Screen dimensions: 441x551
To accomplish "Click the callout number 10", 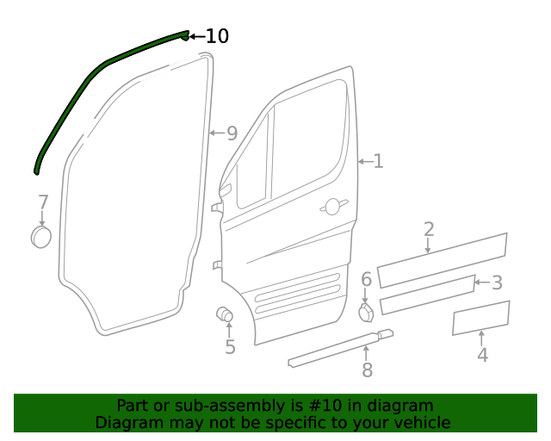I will tap(217, 36).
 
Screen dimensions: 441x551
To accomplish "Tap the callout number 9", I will tap(232, 134).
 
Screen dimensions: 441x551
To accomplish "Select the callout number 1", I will tap(378, 161).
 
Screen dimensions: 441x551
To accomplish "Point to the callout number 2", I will tap(429, 229).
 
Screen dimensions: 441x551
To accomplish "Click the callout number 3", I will tap(497, 283).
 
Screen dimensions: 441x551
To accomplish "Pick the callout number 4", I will tap(483, 355).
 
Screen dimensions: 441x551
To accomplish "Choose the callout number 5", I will tap(230, 347).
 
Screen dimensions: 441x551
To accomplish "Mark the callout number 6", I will tap(366, 279).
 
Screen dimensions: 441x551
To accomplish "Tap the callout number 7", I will tap(43, 202).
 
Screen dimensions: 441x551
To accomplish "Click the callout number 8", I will tap(367, 370).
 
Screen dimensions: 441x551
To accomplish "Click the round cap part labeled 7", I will tap(40, 237).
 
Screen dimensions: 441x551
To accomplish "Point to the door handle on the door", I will tap(331, 207).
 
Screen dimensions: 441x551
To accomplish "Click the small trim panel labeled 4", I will tap(481, 318).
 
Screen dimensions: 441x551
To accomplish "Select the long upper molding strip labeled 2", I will tap(442, 260).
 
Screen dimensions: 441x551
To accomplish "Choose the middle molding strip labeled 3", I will tap(427, 295).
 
